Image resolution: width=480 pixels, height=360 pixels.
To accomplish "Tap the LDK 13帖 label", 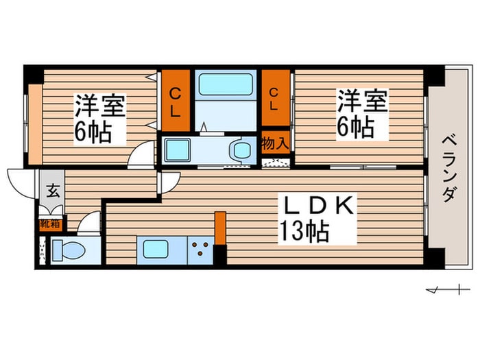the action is pyautogui.click(x=317, y=219).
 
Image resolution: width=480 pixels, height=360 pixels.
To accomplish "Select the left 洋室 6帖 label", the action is pyautogui.click(x=100, y=119).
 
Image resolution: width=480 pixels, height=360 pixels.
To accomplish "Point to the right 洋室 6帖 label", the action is pyautogui.click(x=362, y=114).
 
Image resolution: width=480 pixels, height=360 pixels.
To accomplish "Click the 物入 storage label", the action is pyautogui.click(x=275, y=143).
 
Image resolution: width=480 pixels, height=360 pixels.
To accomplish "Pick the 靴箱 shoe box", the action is pyautogui.click(x=51, y=225).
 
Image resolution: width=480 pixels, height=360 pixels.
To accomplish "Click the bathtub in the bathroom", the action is pyautogui.click(x=226, y=84).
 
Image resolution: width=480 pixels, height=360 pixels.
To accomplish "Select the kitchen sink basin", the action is pyautogui.click(x=156, y=249).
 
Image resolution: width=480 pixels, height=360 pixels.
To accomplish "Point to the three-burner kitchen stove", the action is pyautogui.click(x=200, y=248).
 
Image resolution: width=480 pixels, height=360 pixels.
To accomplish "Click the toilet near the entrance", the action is pyautogui.click(x=69, y=251).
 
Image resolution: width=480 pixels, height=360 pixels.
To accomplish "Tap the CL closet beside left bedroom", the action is pyautogui.click(x=176, y=100).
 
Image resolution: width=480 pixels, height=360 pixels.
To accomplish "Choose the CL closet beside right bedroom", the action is pyautogui.click(x=275, y=98).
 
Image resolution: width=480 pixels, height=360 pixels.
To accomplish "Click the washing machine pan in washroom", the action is pyautogui.click(x=178, y=149).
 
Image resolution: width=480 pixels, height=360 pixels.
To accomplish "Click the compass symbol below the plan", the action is pyautogui.click(x=448, y=289).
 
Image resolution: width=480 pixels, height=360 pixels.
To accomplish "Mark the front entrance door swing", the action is pyautogui.click(x=21, y=184).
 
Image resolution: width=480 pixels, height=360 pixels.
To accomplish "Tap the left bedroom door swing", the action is pyautogui.click(x=141, y=154).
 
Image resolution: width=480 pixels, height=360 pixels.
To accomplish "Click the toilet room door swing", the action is pyautogui.click(x=89, y=223).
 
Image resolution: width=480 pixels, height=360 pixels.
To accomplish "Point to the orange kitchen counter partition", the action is pyautogui.click(x=220, y=228).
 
